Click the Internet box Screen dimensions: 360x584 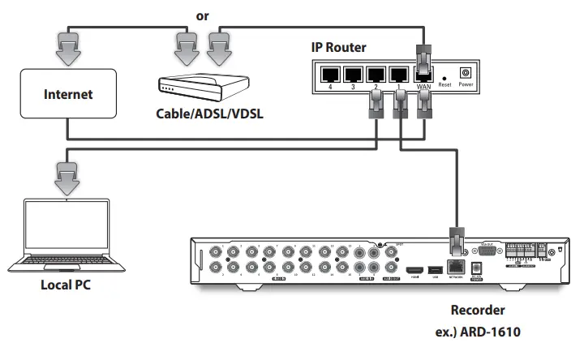68,95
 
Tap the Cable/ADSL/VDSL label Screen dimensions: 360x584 210,114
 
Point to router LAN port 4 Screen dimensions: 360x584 329,75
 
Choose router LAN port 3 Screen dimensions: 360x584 353,75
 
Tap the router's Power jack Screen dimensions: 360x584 466,73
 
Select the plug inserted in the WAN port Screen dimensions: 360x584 423,58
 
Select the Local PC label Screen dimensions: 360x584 69,286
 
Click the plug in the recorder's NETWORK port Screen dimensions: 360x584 456,242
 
